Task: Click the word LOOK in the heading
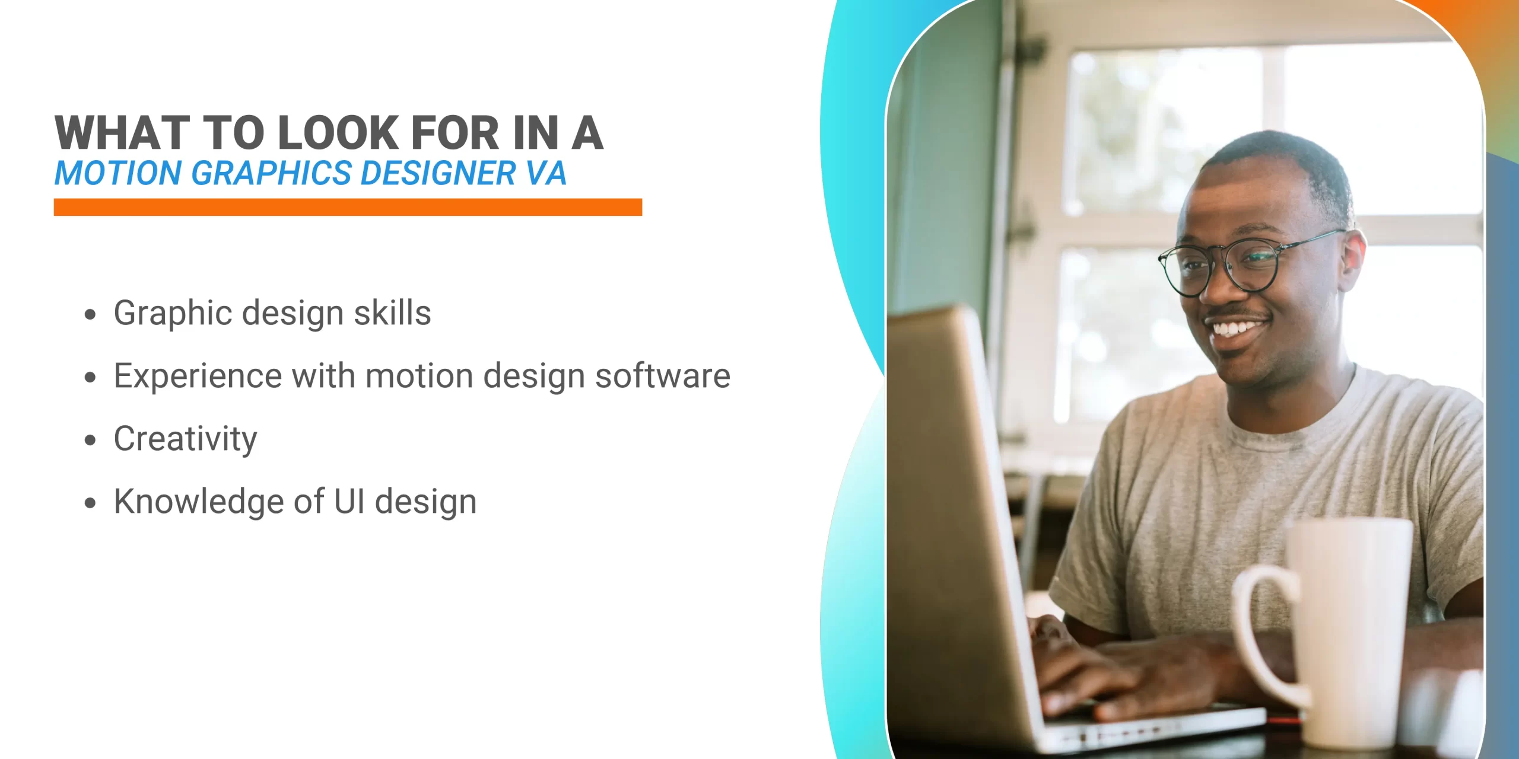339,133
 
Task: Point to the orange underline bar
348,207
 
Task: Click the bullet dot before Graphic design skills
90,314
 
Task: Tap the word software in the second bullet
662,376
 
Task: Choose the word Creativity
185,439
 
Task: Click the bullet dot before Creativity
90,440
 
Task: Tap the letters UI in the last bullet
349,502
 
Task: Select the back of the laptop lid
949,504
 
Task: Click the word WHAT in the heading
122,133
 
